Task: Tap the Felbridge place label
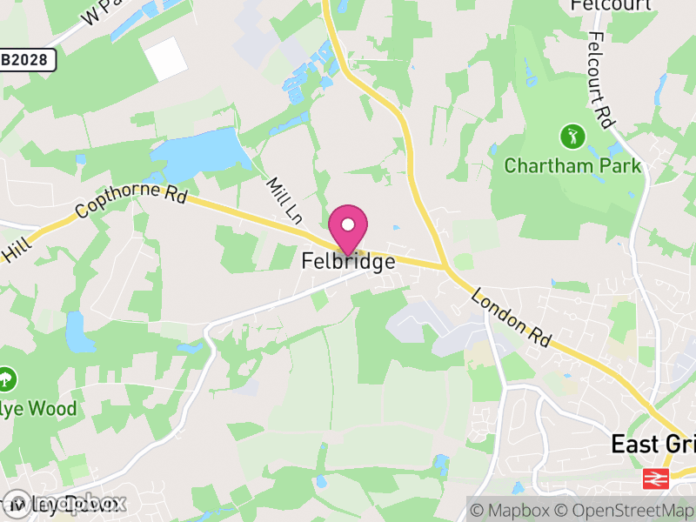point(348,261)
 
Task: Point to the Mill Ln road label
point(283,199)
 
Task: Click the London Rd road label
point(512,320)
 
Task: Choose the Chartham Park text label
point(572,165)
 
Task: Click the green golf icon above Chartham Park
point(572,137)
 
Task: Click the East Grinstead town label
point(652,444)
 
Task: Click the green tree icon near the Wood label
point(7,379)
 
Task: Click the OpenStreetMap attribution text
point(625,509)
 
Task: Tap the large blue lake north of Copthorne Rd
point(197,154)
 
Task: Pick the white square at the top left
point(165,59)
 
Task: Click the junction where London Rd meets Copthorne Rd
point(445,265)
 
